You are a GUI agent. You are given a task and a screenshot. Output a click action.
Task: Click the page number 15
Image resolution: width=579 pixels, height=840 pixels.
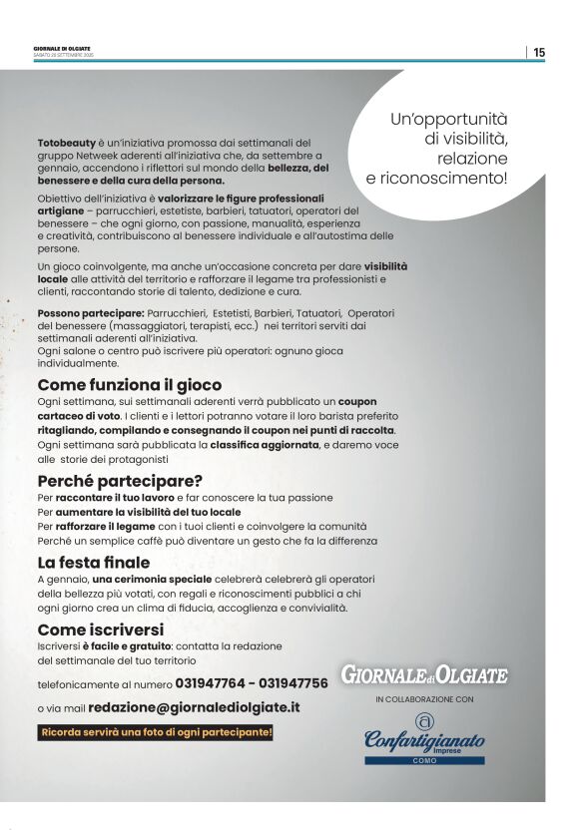coord(539,52)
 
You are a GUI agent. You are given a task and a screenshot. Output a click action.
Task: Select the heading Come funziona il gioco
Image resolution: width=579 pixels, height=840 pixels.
coord(130,385)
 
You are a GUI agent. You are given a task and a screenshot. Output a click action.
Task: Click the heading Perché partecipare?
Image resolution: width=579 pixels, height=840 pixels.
coord(120,480)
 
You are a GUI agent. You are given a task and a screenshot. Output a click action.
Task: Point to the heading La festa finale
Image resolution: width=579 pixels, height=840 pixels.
coord(94,563)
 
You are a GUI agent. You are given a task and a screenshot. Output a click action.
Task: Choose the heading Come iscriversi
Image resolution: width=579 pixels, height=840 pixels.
coord(100,630)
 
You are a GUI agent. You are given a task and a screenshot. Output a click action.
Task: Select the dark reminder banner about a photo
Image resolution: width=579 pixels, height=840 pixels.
coord(156,733)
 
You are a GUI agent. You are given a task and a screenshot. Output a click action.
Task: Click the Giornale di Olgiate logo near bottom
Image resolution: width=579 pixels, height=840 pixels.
coord(424,675)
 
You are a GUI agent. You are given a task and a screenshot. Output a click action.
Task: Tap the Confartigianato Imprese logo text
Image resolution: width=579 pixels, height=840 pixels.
coord(424,741)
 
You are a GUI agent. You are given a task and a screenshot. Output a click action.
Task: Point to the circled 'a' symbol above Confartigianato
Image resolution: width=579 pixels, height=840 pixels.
coord(424,720)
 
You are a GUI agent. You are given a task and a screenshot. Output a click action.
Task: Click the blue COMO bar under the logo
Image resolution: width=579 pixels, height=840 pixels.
coord(424,761)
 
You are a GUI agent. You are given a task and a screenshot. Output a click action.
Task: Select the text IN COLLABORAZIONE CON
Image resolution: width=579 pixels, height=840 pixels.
coord(424,700)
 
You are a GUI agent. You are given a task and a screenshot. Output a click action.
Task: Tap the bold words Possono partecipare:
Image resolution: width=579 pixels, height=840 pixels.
coord(84,313)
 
